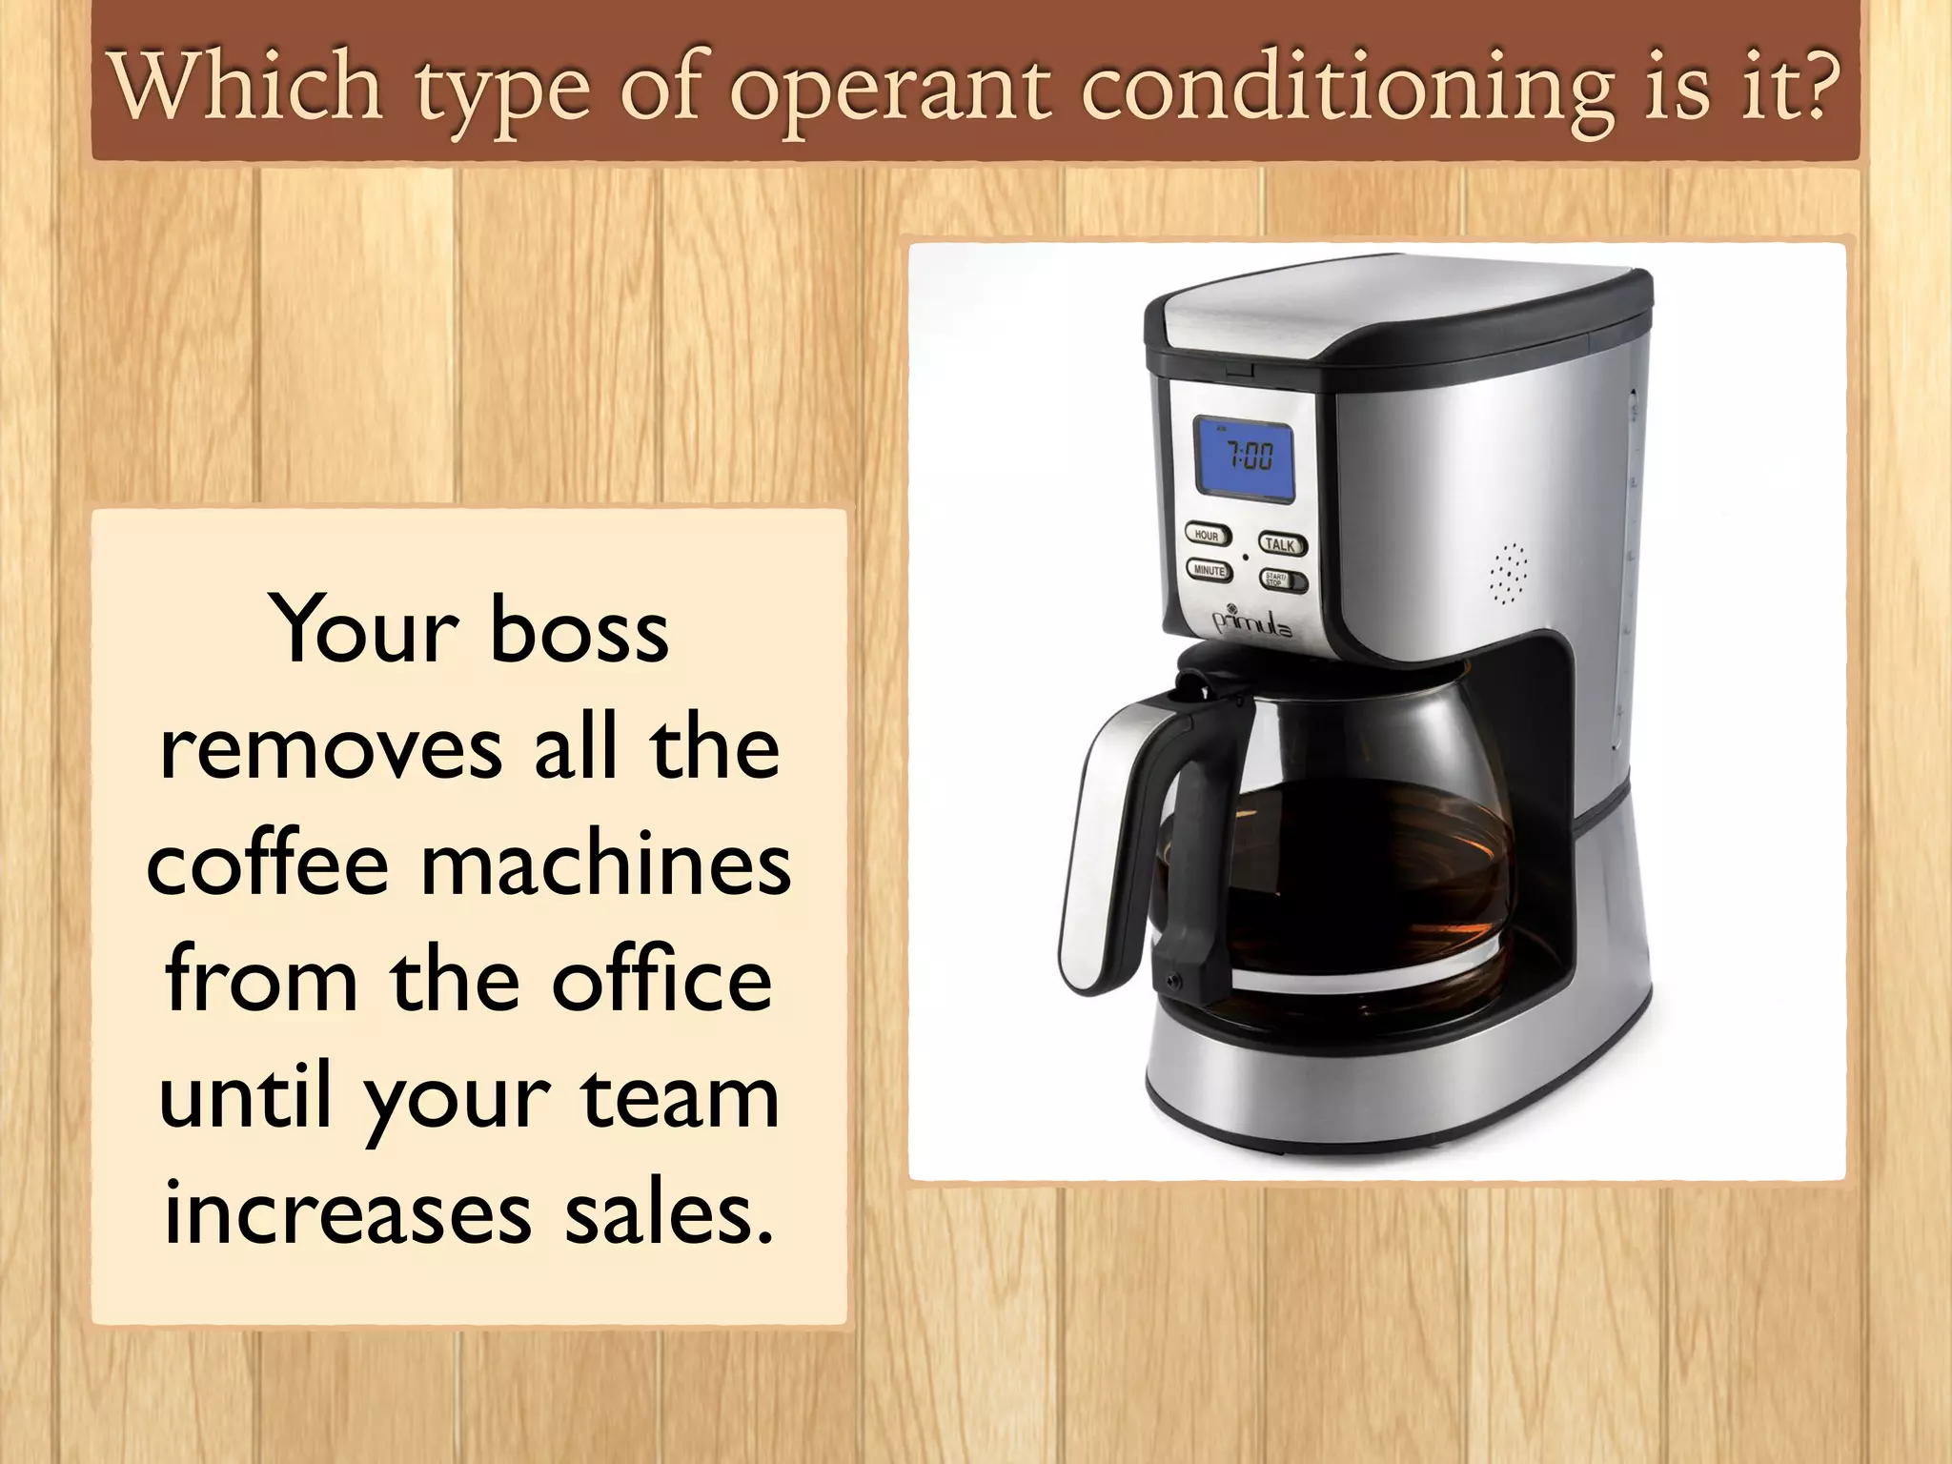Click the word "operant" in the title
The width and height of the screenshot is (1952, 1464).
890,91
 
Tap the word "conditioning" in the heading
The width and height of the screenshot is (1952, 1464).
1347,91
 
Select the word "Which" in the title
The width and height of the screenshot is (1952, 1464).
247,88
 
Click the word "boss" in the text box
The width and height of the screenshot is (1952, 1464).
579,632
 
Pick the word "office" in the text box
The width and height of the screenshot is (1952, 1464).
661,981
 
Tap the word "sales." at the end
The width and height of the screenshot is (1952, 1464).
668,1214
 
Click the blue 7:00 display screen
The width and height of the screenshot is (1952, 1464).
1245,460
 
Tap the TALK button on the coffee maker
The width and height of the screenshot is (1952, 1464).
1281,545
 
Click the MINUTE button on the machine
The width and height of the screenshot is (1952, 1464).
1209,570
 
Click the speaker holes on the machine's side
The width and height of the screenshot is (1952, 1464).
1507,574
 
